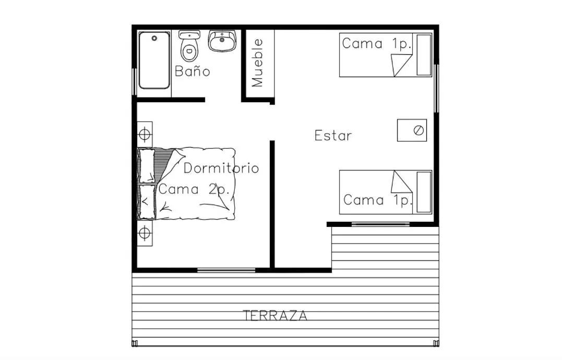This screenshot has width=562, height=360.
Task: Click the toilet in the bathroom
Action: (x=189, y=46)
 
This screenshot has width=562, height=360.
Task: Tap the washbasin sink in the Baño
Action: (x=222, y=41)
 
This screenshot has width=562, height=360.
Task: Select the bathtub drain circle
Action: (x=154, y=38)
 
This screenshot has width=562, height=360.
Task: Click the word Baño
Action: (x=193, y=71)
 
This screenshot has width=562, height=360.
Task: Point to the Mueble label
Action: (x=257, y=63)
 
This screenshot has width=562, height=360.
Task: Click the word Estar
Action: (x=333, y=136)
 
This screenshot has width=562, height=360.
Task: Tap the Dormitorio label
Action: (x=221, y=168)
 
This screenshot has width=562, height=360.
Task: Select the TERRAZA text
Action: (x=276, y=315)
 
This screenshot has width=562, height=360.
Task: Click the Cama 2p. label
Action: (x=194, y=189)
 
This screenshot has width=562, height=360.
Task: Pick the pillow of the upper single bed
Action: (x=424, y=55)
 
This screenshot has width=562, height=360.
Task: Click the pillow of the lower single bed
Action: (x=424, y=192)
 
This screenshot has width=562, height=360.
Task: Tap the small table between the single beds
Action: (x=412, y=130)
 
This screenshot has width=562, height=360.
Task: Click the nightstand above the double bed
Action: (x=145, y=134)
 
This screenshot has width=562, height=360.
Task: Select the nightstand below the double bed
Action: (x=145, y=233)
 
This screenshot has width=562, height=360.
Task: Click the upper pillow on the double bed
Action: (x=147, y=166)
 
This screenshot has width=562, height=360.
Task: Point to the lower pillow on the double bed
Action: (x=147, y=201)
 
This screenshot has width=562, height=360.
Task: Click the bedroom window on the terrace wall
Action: (x=226, y=270)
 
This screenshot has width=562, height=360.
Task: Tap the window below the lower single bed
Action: (x=380, y=224)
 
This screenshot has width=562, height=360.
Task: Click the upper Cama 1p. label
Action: (x=377, y=44)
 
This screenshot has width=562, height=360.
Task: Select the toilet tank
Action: (x=189, y=35)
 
